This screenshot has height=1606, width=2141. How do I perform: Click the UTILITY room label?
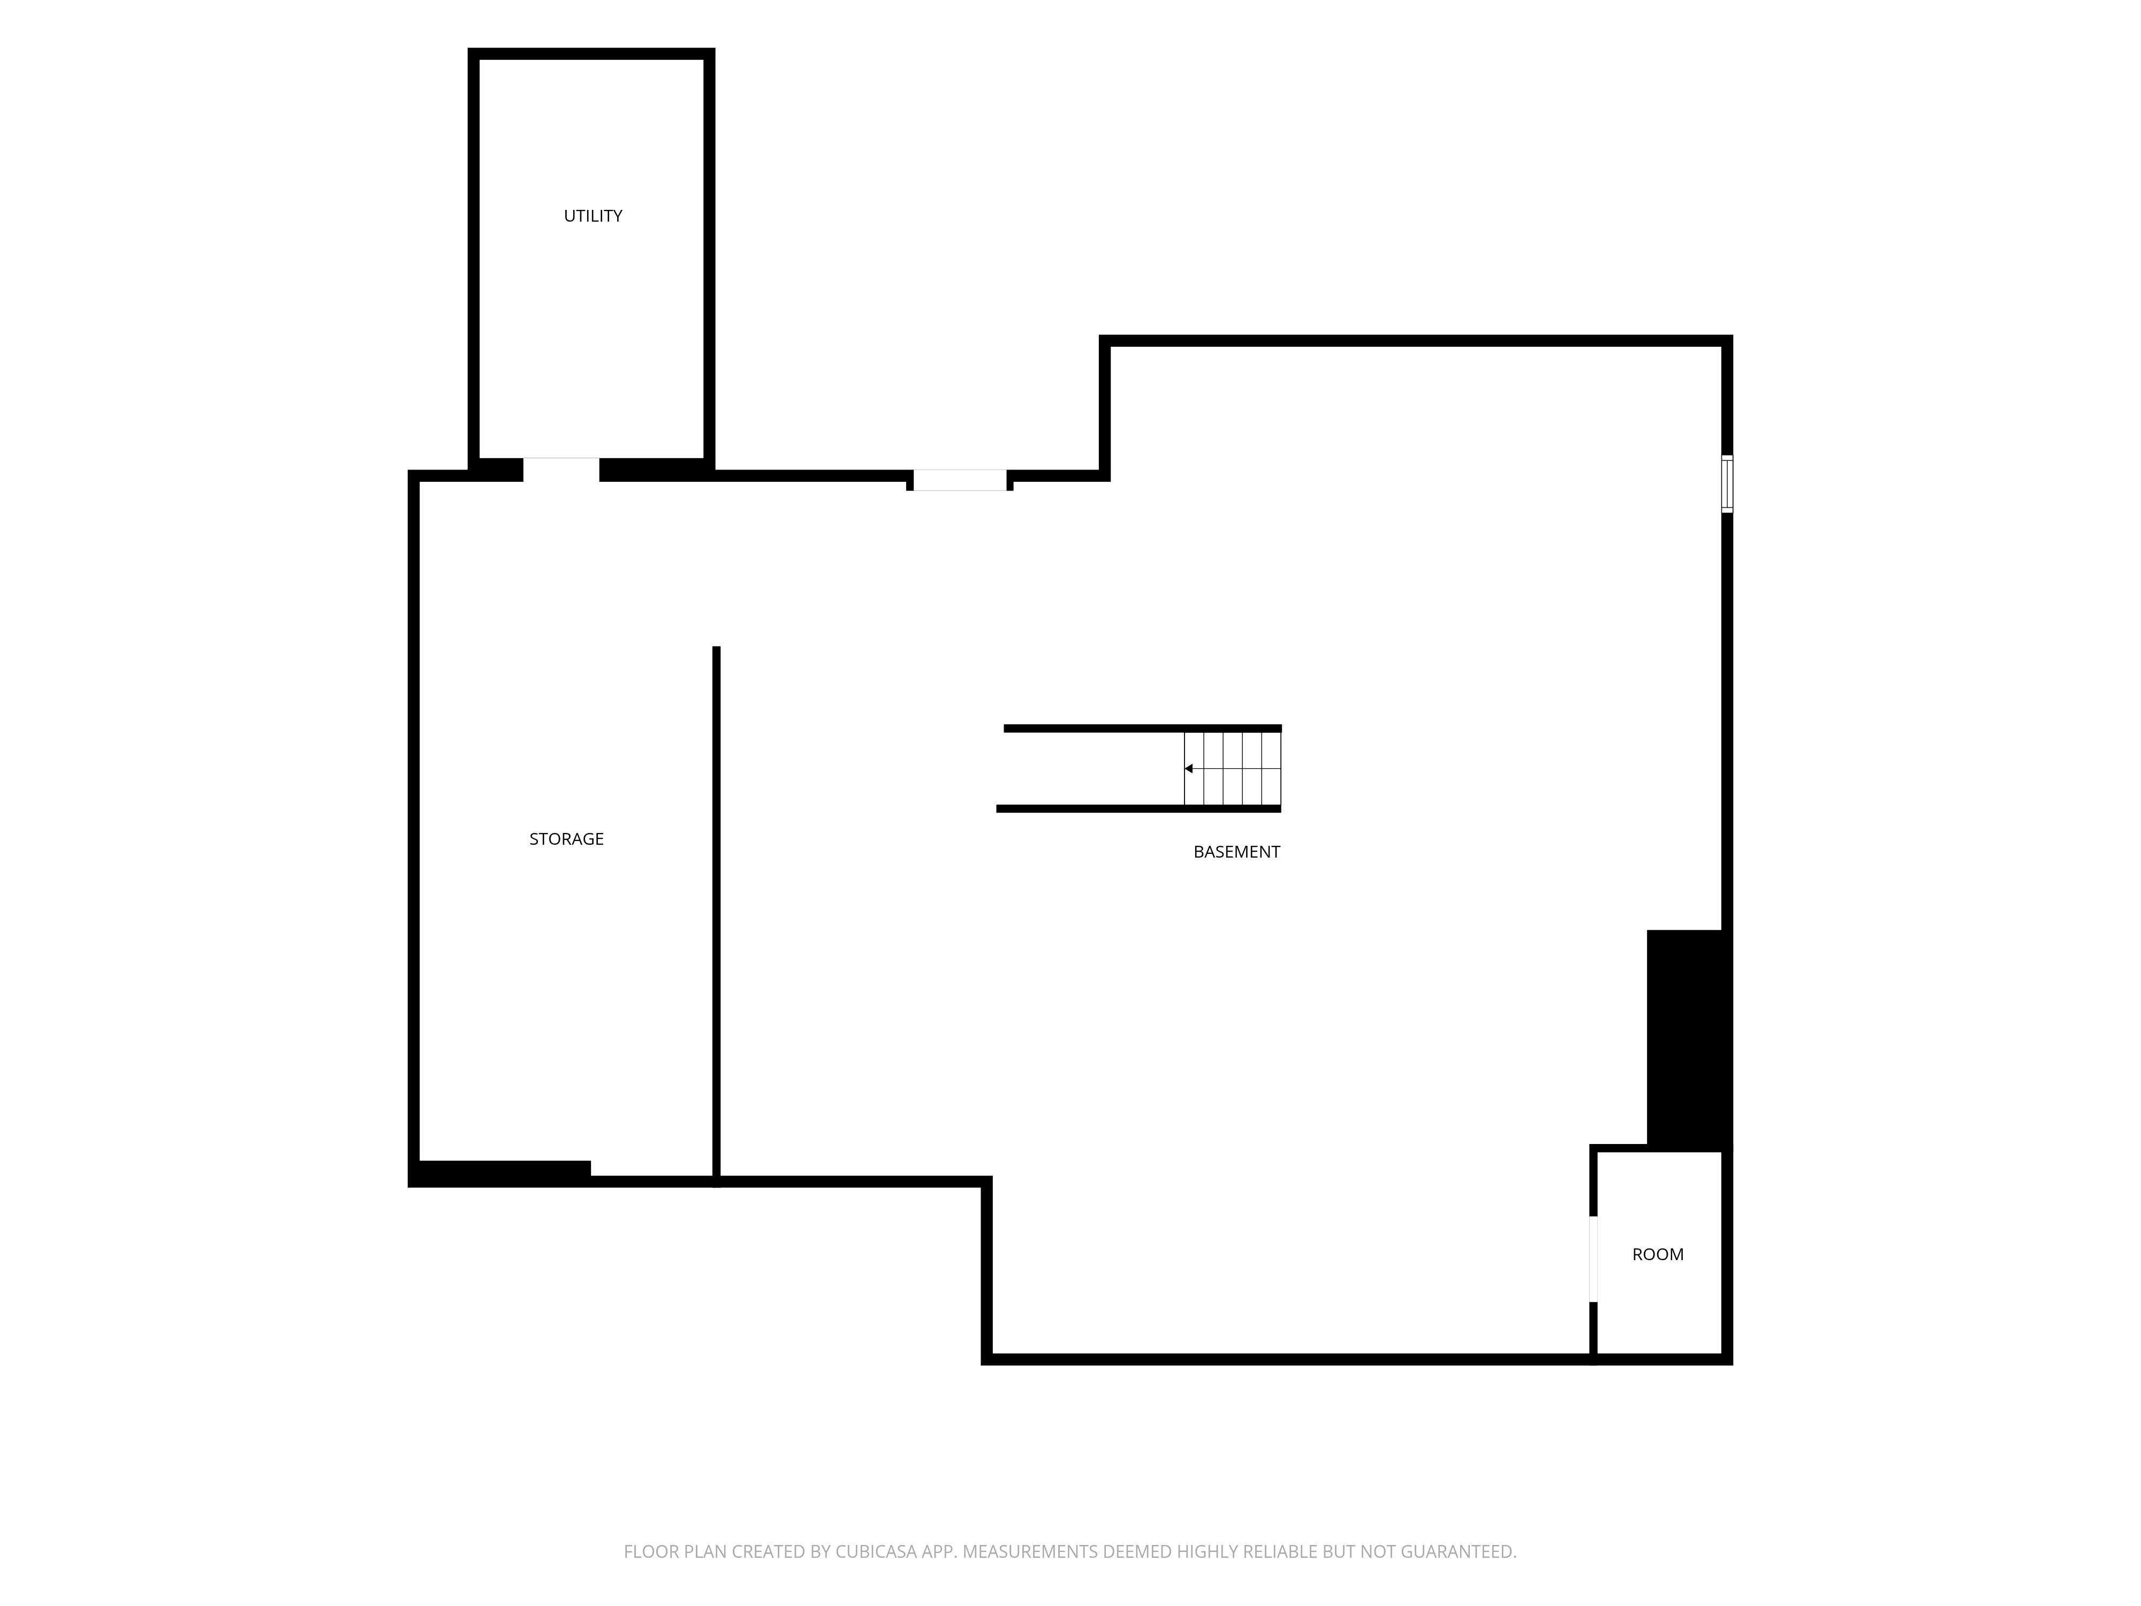(593, 216)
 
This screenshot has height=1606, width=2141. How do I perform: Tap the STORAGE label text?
(566, 839)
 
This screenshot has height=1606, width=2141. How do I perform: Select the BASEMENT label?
(1236, 852)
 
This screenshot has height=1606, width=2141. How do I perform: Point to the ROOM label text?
(1657, 1255)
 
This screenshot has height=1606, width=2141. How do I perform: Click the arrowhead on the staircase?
(1188, 769)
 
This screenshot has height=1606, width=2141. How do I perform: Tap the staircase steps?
(1232, 769)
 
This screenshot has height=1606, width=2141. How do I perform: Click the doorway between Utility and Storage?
(561, 469)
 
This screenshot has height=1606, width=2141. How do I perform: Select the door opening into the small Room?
(1593, 1259)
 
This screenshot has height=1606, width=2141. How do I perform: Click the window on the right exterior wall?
(1727, 484)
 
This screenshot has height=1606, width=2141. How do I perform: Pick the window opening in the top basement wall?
(959, 480)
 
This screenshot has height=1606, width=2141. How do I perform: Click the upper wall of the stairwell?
(1142, 728)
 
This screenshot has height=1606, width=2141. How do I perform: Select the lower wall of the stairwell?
(1138, 808)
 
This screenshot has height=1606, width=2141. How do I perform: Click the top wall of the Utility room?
(591, 53)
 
